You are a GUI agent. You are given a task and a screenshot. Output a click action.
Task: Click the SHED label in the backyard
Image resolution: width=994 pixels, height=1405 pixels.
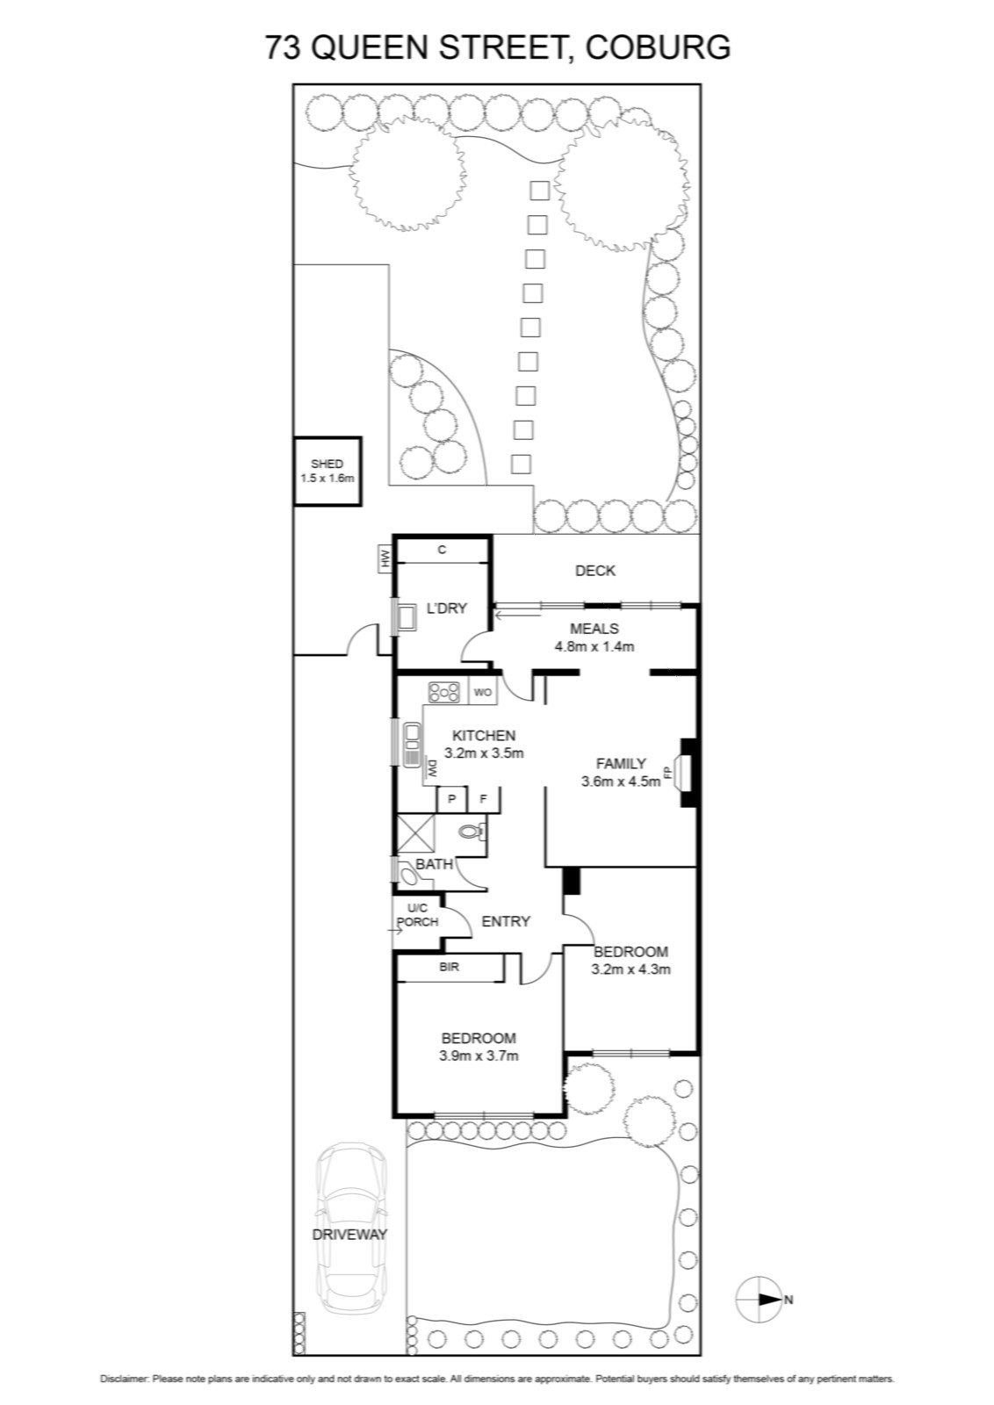click(327, 465)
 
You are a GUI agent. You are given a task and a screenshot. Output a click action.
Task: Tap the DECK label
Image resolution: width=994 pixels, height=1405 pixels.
click(595, 571)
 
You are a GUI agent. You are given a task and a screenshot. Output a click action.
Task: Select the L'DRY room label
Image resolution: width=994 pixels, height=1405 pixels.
click(447, 608)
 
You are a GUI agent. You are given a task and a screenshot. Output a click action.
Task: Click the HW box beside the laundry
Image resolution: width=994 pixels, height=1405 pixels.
click(385, 559)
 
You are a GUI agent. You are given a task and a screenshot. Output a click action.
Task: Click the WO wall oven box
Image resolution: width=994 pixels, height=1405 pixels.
click(482, 693)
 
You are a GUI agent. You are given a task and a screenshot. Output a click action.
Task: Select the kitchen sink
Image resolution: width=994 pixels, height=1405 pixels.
click(412, 745)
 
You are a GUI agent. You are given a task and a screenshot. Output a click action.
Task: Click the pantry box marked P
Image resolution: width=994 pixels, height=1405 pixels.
click(451, 800)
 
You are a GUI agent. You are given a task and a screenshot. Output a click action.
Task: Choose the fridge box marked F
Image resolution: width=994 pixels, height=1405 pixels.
click(484, 800)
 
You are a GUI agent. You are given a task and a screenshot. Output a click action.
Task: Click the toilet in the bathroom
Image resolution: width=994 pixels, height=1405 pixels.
click(472, 832)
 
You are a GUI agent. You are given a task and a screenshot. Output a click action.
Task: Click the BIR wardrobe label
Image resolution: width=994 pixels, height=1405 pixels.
click(449, 967)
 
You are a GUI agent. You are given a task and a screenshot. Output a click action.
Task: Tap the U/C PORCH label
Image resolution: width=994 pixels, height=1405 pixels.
click(418, 915)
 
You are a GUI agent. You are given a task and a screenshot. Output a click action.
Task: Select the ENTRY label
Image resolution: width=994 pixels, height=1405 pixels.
click(506, 921)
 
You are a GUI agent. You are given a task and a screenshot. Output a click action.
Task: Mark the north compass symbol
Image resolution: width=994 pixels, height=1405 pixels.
click(759, 1300)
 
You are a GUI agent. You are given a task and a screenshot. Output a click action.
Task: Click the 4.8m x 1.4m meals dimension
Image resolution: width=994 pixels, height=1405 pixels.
click(594, 646)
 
